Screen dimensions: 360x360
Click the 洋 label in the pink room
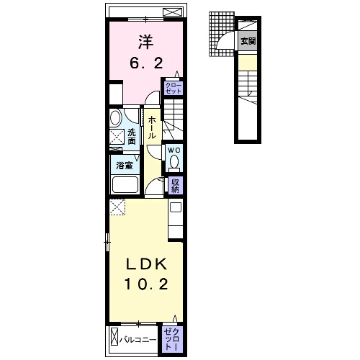coord(145,42)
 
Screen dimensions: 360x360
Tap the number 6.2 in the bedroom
coord(146,63)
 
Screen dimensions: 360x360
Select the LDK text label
coord(146,265)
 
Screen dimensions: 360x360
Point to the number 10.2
coord(145,284)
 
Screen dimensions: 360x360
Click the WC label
coord(174,150)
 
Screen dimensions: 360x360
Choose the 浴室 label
coord(125,166)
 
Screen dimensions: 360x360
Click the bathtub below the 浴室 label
coord(125,184)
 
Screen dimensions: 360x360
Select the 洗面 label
coord(132,137)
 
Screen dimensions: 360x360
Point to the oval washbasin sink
coord(115,117)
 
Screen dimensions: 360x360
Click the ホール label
coord(151,127)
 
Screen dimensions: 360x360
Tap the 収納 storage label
coord(175,186)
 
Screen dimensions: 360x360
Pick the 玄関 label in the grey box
coord(248,41)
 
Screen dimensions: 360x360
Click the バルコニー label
coord(138,340)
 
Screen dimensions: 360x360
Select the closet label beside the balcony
coord(171,339)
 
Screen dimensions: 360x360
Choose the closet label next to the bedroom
coord(174,88)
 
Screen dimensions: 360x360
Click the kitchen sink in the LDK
coord(176,207)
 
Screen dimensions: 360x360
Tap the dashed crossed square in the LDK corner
coord(117,207)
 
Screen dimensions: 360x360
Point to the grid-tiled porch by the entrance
coord(221,34)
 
